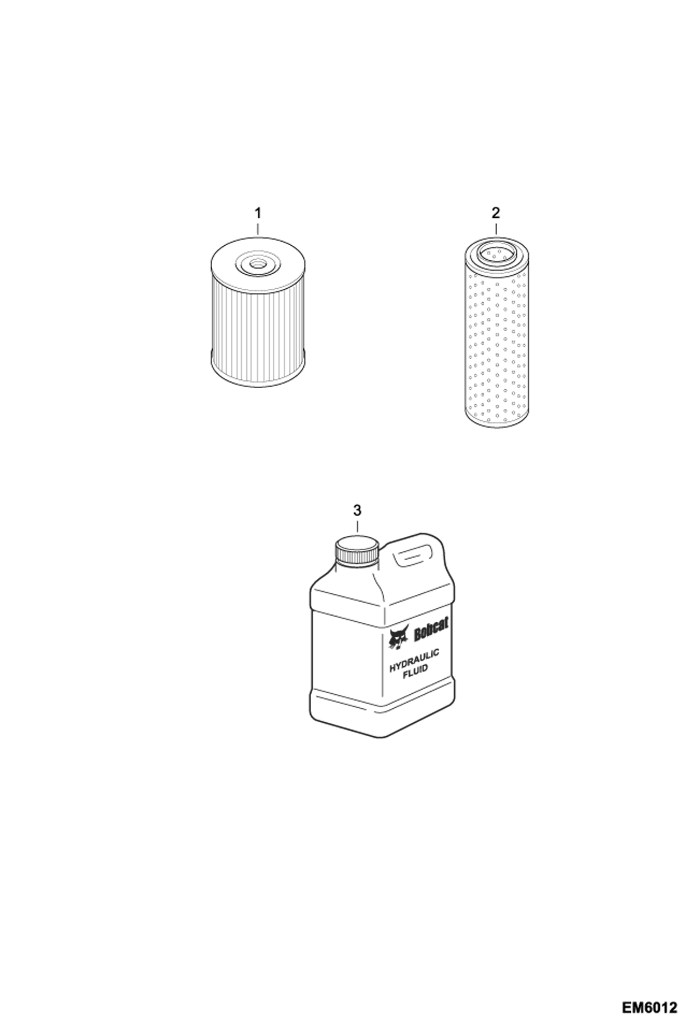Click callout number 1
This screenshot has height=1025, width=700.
pos(257,213)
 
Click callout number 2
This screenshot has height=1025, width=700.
pos(496,213)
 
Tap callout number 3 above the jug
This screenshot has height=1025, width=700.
pos(357,510)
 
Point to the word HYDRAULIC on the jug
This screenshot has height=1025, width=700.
pos(414,660)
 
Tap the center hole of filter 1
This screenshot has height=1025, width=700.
pos(257,264)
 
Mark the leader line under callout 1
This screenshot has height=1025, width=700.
pos(257,228)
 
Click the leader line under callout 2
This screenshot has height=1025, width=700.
pos(496,228)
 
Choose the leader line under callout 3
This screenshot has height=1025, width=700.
pos(357,527)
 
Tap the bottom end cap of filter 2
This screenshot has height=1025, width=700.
pos(496,420)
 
